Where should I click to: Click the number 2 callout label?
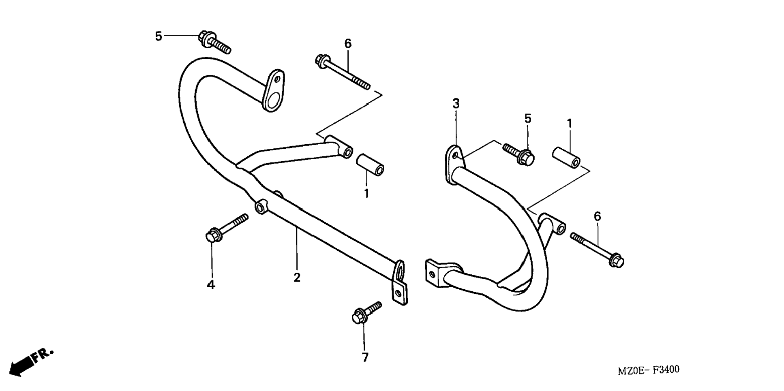coord(297,278)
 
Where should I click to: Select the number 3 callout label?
coord(456,104)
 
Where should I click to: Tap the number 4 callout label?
coord(211,285)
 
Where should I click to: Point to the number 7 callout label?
coord(365,357)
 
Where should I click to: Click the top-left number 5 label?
coord(159,36)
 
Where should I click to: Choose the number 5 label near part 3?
coord(527,119)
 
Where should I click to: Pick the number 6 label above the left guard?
coord(348,44)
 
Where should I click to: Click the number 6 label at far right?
coord(598,216)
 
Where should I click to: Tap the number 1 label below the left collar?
coord(366,194)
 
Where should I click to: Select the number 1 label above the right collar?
coord(570,123)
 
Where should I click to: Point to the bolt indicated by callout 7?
coord(366,312)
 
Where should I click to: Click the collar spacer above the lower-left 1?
coord(370,164)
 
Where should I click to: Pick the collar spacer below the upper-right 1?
coord(566,158)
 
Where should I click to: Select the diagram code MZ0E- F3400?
coord(648,370)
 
